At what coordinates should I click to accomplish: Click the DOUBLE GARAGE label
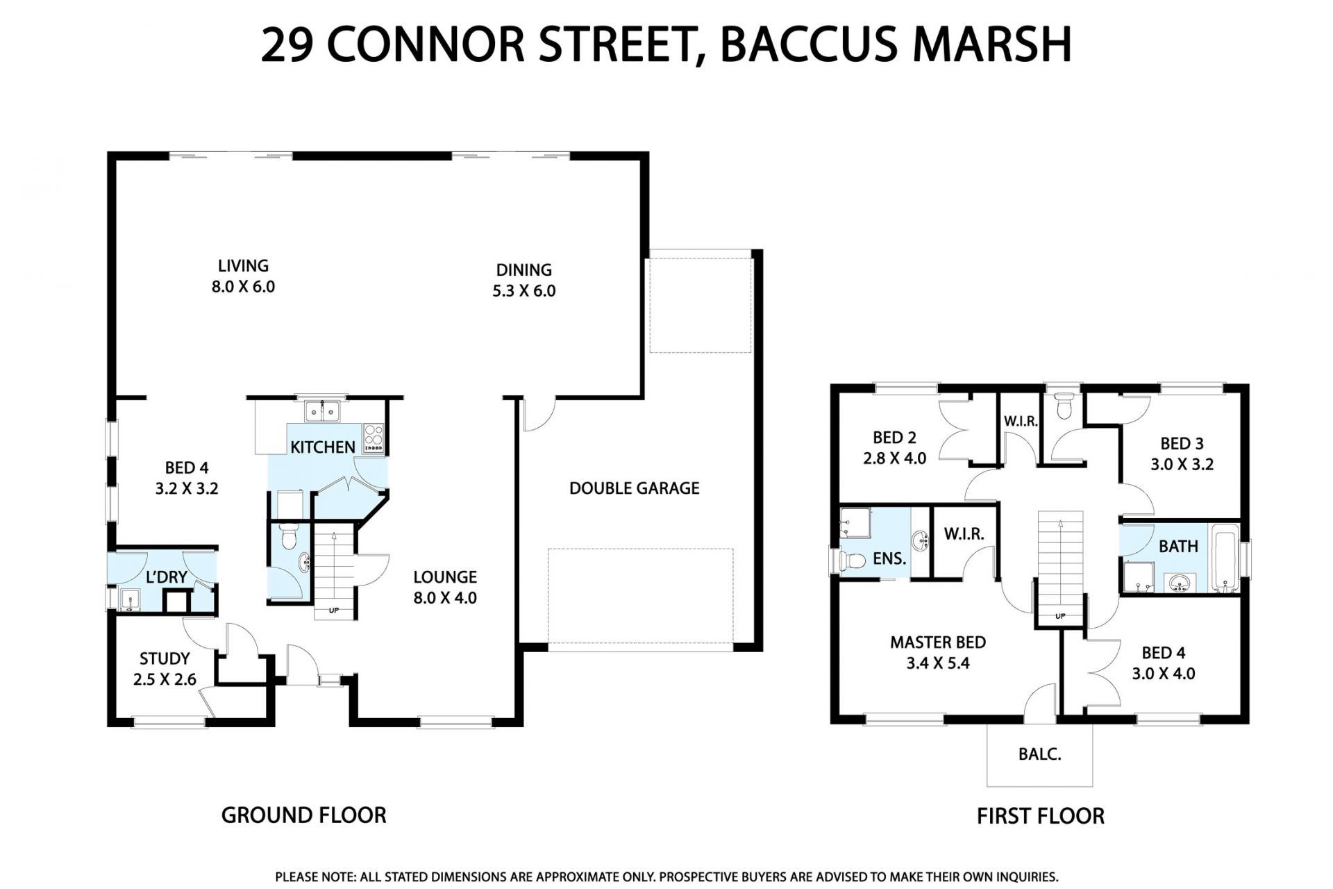tap(634, 488)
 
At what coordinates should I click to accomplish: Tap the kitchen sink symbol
tap(322, 412)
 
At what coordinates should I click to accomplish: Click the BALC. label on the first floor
tap(1039, 754)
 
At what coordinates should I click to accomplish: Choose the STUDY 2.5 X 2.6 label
tap(165, 669)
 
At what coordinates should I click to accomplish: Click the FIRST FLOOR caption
tap(1040, 816)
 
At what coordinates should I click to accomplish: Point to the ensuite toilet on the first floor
tap(851, 560)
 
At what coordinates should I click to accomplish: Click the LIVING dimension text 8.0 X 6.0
tap(243, 287)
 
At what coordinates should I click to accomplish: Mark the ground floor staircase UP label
tap(334, 610)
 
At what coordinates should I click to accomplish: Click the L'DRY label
tap(167, 576)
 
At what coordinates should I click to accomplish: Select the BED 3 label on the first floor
tap(1182, 443)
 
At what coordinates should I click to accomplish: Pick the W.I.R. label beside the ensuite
tap(964, 534)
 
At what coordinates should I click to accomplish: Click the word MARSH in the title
tap(992, 44)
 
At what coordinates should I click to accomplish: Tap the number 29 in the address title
tap(287, 44)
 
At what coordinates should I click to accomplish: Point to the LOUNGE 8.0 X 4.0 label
tap(445, 587)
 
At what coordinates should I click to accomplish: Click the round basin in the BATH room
tap(1179, 583)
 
